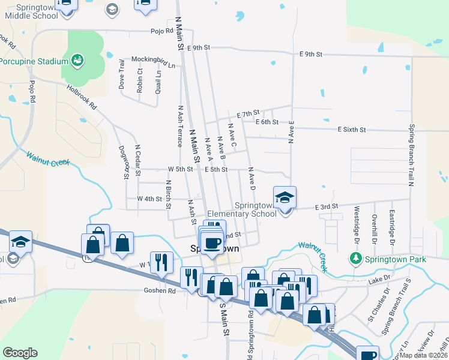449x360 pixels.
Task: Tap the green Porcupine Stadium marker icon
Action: (77, 59)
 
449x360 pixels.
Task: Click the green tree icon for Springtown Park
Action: (356, 259)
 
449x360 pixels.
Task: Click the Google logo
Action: (20, 353)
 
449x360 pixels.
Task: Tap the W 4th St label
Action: (149, 199)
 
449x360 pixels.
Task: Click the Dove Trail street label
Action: (122, 74)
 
